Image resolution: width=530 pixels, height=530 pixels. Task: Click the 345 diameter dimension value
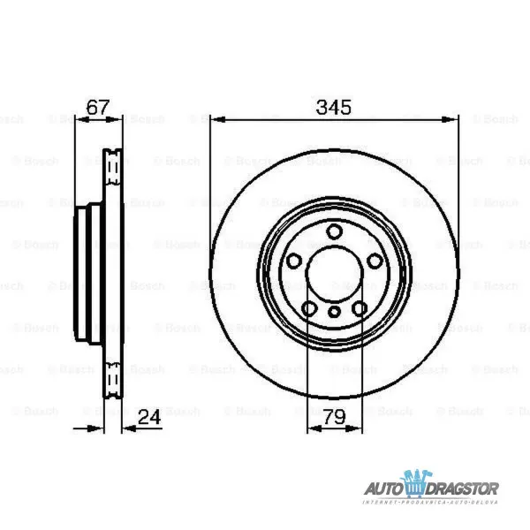[x=334, y=108]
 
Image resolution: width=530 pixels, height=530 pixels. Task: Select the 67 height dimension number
[x=98, y=108]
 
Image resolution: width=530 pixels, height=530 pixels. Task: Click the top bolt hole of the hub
[x=334, y=231]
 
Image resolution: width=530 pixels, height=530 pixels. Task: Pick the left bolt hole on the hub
[x=293, y=261]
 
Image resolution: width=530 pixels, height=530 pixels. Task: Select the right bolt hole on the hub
[x=375, y=261]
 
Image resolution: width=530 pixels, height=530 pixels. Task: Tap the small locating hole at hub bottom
[x=334, y=312]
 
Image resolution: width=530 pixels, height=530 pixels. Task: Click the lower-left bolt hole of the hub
[x=309, y=308]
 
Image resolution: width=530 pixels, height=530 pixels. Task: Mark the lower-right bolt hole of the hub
[x=360, y=308]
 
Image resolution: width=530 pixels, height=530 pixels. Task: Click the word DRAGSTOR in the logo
[x=464, y=488]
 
